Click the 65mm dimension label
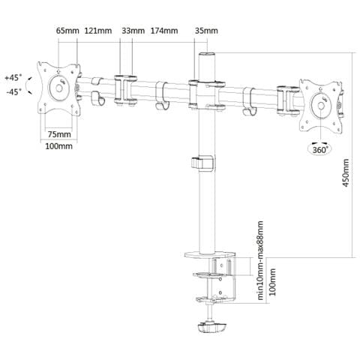pyautogui.click(x=67, y=31)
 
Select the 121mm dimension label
pyautogui.click(x=98, y=31)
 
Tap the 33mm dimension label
pyautogui.click(x=133, y=31)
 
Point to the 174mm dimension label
pyautogui.click(x=164, y=31)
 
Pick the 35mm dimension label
pyautogui.click(x=206, y=31)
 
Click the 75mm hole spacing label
pyautogui.click(x=59, y=134)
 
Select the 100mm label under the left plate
pyautogui.click(x=58, y=146)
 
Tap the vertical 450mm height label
pyautogui.click(x=346, y=172)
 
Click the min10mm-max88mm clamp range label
pyautogui.click(x=260, y=260)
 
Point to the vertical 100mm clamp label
pyautogui.click(x=272, y=282)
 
